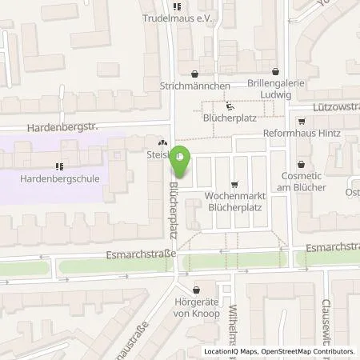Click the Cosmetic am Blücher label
[x=303, y=181]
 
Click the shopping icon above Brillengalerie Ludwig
[x=275, y=71]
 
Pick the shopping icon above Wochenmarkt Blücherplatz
[x=234, y=182]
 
